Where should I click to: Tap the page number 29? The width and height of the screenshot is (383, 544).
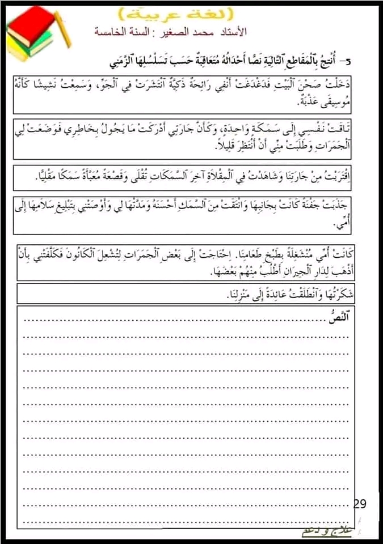pyautogui.click(x=360, y=503)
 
